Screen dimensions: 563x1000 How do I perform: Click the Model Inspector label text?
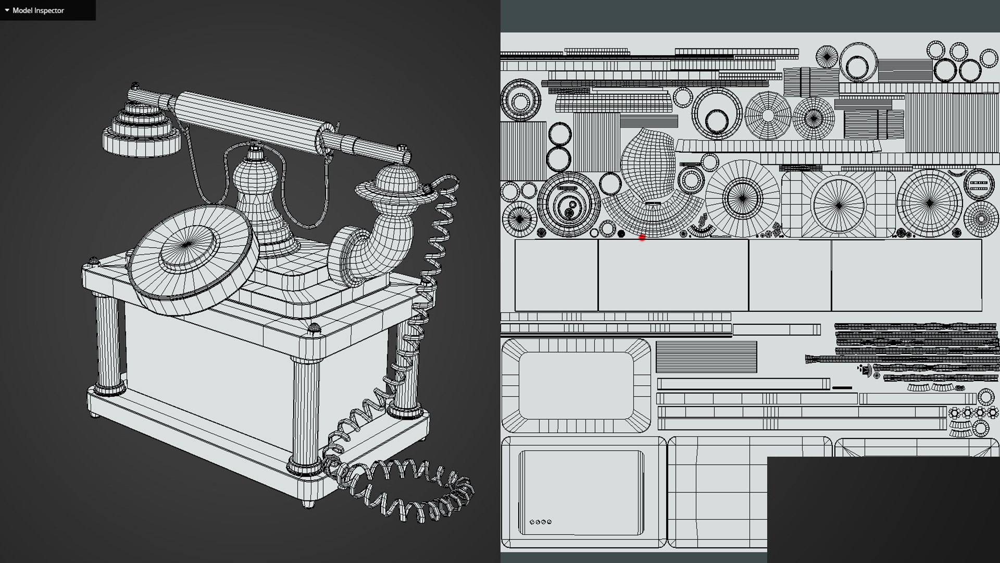[38, 10]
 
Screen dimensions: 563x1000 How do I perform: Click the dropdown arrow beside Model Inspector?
[7, 10]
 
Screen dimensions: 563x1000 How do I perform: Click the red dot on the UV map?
[642, 238]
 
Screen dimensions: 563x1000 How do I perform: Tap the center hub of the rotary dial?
[186, 245]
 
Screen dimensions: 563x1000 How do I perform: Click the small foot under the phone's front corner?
[308, 503]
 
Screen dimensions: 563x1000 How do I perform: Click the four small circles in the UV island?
[540, 522]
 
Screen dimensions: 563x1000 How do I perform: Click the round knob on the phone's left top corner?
[94, 260]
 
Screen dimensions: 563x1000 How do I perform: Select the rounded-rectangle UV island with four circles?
[583, 493]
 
